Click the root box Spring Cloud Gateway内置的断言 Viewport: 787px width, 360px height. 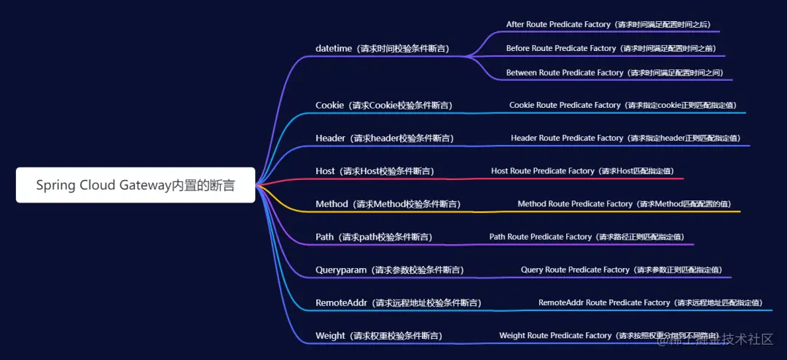(x=136, y=185)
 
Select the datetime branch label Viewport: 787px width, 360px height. (x=383, y=49)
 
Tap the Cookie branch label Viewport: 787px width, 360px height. (x=384, y=106)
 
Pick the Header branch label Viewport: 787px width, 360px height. (x=385, y=138)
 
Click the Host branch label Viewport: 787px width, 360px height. (x=375, y=171)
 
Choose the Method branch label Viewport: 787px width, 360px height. (x=388, y=204)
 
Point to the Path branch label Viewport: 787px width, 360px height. (x=374, y=237)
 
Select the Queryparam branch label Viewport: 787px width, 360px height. (x=389, y=270)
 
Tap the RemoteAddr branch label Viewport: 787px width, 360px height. (x=398, y=302)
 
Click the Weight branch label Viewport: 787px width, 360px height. (x=378, y=336)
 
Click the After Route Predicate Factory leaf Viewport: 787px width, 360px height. (x=609, y=25)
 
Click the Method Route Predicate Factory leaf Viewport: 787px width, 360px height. (x=624, y=204)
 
